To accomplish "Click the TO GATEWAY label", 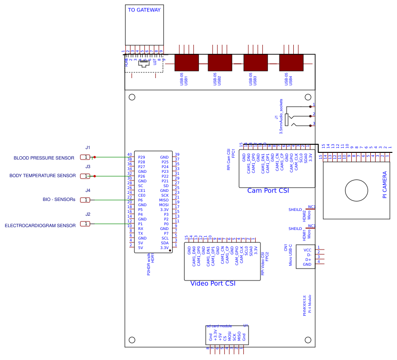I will click(x=144, y=10).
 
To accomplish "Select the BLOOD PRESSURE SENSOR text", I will click(x=44, y=158).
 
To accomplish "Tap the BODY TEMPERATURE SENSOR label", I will click(x=42, y=176).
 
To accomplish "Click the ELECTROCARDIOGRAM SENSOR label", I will click(x=40, y=226).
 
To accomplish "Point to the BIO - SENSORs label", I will click(x=59, y=200).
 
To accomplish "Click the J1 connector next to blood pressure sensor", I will click(x=86, y=157).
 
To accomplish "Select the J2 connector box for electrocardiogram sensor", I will click(x=86, y=224).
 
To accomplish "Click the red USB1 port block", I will click(x=186, y=62).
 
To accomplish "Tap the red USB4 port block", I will click(x=291, y=62).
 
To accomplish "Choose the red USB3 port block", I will click(x=256, y=62).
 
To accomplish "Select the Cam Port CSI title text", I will click(x=268, y=191).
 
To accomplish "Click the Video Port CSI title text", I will click(x=213, y=283).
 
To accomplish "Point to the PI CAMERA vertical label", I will click(x=385, y=185).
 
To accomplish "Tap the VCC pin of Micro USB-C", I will click(x=308, y=250).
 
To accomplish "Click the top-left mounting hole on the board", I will click(x=132, y=97).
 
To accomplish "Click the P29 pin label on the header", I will click(x=141, y=157).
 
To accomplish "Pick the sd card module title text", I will click(x=218, y=326).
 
